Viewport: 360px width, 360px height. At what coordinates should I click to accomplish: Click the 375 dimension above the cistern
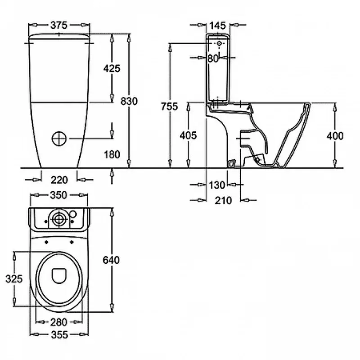[x=59, y=25]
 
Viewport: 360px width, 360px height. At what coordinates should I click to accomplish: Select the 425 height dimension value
[x=112, y=68]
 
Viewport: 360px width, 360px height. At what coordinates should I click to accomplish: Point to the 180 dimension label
[x=112, y=154]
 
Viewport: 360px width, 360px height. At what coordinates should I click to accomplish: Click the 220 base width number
[x=59, y=180]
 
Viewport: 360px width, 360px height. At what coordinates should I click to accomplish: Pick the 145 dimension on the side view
[x=217, y=25]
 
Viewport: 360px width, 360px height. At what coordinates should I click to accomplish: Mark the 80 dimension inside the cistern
[x=213, y=58]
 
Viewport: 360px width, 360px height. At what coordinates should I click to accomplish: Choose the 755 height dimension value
[x=170, y=107]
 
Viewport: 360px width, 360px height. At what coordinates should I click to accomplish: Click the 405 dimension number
[x=188, y=135]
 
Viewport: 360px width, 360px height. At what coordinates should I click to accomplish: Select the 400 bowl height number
[x=335, y=135]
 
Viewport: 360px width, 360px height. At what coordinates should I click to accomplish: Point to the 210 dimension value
[x=223, y=200]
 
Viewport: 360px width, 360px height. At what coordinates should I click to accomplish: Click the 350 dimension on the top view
[x=58, y=195]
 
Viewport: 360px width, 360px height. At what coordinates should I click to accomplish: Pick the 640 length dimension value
[x=111, y=260]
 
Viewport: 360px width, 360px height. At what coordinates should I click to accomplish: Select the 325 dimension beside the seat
[x=14, y=279]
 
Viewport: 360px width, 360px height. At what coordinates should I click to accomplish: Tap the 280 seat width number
[x=58, y=322]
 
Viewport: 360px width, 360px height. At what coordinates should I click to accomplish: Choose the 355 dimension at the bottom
[x=58, y=335]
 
